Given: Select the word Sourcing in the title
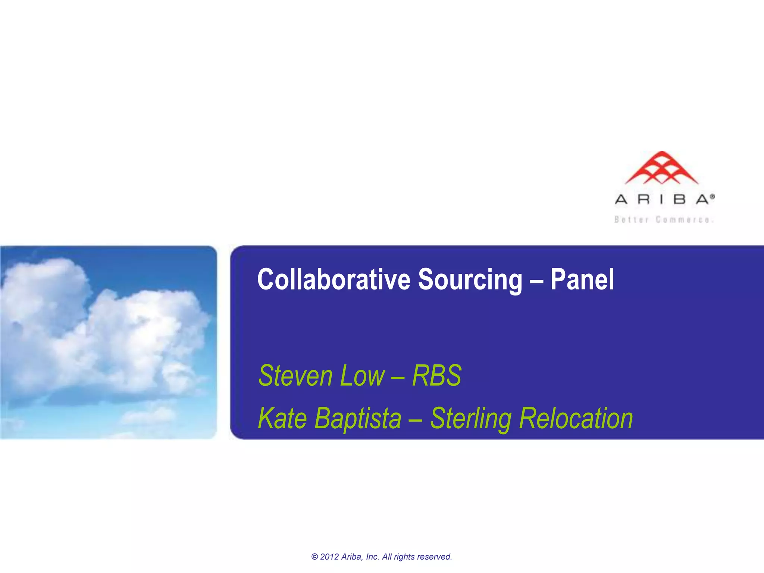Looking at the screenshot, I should click(x=470, y=280).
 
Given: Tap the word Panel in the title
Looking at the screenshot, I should click(x=582, y=279).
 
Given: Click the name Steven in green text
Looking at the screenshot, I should click(x=295, y=376).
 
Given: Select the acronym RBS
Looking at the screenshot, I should click(x=437, y=376).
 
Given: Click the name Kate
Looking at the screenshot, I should click(x=282, y=419).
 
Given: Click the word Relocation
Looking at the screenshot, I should click(x=576, y=419).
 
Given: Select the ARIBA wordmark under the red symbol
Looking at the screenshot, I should click(x=662, y=200).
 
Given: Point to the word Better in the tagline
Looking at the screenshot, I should click(x=632, y=220).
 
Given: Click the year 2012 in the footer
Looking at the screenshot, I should click(x=329, y=557).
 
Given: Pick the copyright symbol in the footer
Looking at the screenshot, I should click(x=314, y=557).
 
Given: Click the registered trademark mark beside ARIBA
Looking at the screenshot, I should click(x=712, y=196).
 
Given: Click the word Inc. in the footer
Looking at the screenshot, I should click(x=373, y=557).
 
